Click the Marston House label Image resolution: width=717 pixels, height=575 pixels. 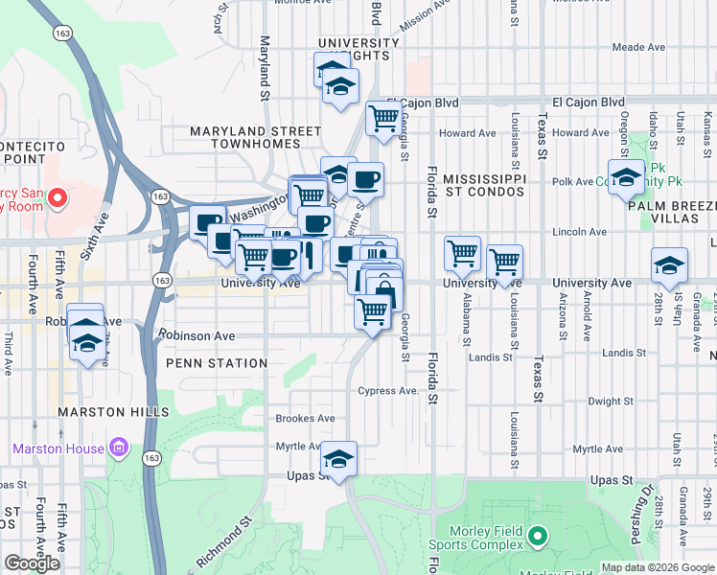point(58,448)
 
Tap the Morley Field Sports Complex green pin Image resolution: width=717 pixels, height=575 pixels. point(537,536)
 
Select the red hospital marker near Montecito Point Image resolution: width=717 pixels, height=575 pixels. point(57,198)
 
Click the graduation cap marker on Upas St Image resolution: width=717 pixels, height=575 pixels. point(338,459)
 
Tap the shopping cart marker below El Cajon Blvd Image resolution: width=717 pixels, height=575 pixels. point(383,119)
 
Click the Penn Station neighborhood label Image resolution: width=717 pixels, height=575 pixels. point(217,363)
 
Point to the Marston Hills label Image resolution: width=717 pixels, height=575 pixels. point(104,412)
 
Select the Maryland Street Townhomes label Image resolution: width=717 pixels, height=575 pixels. point(255,137)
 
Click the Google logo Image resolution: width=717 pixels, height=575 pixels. point(32,563)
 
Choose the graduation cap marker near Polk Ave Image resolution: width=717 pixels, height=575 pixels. point(626,177)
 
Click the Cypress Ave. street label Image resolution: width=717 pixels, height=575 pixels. point(388,391)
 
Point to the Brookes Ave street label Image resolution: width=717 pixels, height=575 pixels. point(305,419)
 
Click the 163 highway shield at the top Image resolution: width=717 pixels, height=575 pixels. point(63,33)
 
